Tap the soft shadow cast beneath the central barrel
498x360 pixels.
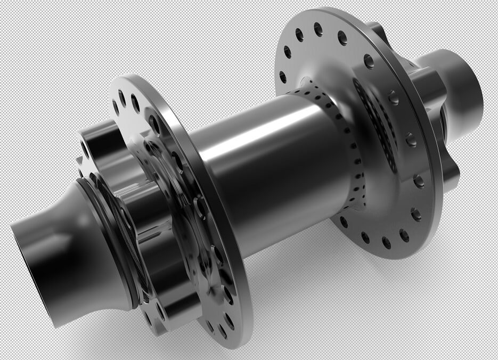point(298,277)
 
